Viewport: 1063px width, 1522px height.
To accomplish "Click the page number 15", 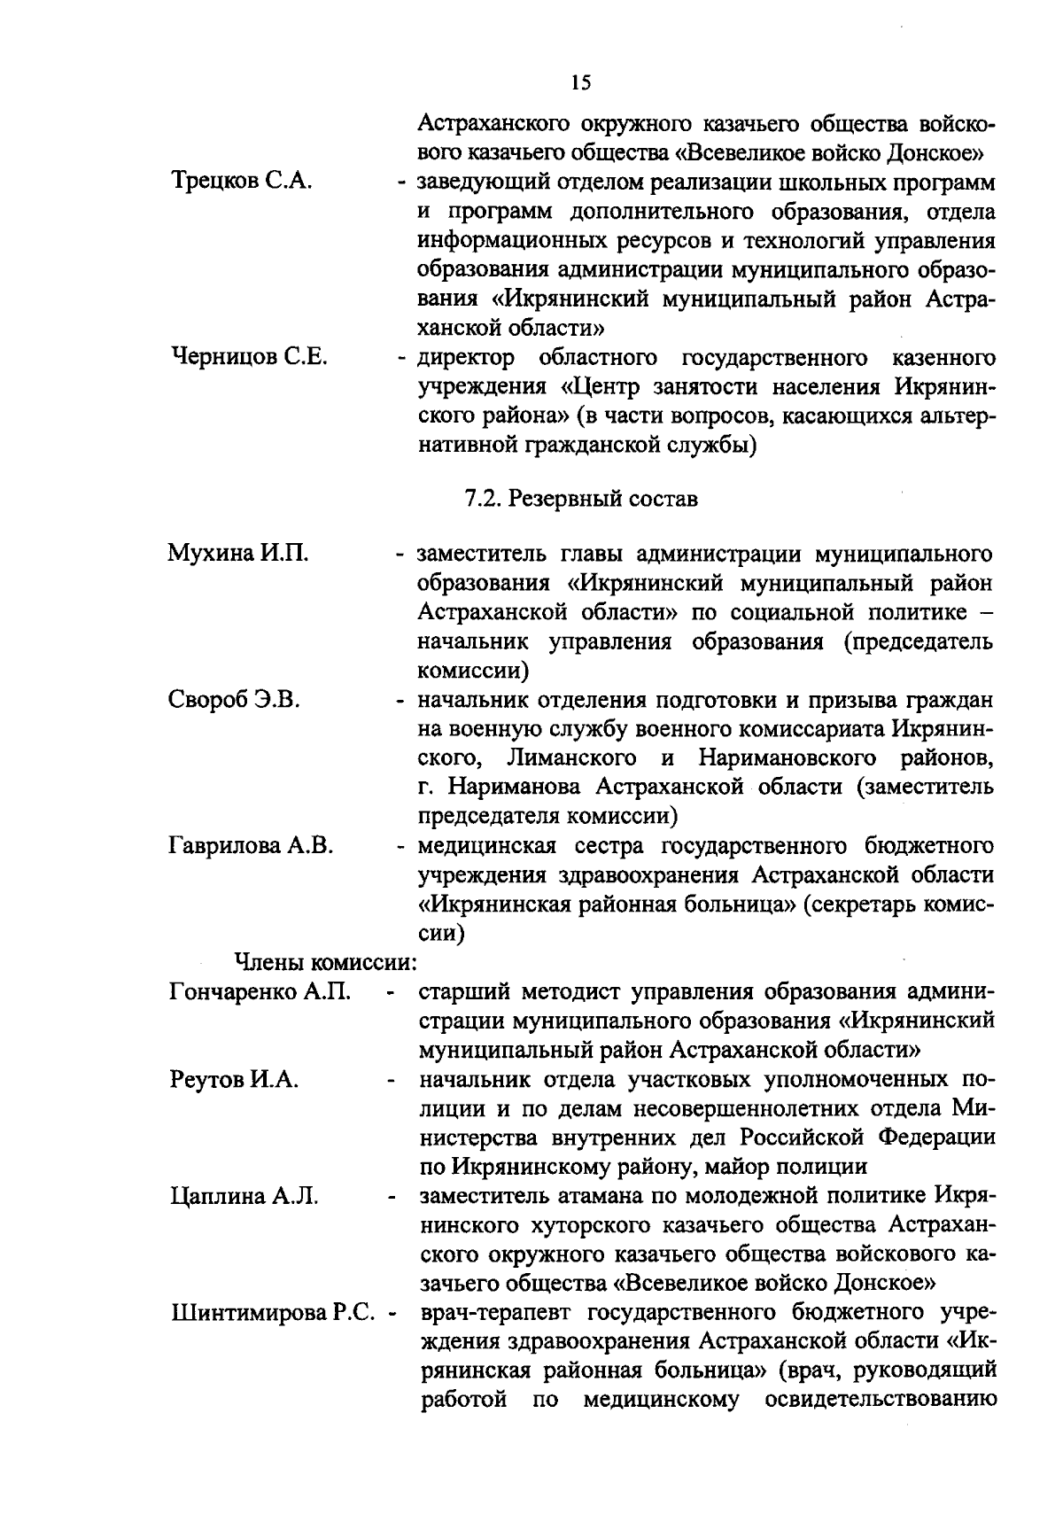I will pyautogui.click(x=580, y=83).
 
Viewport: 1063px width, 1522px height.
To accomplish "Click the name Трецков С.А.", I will pyautogui.click(x=239, y=182).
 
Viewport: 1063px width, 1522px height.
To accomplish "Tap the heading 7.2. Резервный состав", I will pyautogui.click(x=581, y=499).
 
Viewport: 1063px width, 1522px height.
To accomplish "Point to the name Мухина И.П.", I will pyautogui.click(x=238, y=555).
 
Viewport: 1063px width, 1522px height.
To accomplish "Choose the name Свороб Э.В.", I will pyautogui.click(x=235, y=700).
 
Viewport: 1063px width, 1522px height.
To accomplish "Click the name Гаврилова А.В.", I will pyautogui.click(x=251, y=845).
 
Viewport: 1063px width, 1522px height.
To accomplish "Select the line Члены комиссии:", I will pyautogui.click(x=325, y=961).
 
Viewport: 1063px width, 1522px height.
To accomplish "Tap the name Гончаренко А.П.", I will pyautogui.click(x=260, y=991).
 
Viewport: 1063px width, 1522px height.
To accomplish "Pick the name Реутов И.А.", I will pyautogui.click(x=234, y=1079).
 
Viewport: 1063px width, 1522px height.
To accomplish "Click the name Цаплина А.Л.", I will pyautogui.click(x=244, y=1196).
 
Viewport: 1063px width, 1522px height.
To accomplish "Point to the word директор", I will pyautogui.click(x=465, y=358).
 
